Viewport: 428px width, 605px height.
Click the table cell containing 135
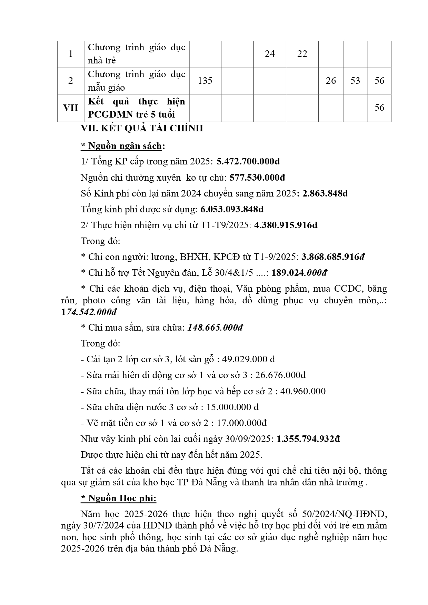coord(205,81)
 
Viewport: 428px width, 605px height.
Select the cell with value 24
coord(270,54)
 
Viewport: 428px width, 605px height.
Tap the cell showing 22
coord(302,54)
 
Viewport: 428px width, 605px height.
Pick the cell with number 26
coord(331,81)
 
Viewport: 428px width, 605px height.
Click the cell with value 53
coord(355,81)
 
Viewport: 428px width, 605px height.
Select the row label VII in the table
coord(71,108)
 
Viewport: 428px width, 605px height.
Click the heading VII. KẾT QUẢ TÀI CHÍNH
coord(142,129)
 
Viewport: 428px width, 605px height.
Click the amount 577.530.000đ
coord(257,178)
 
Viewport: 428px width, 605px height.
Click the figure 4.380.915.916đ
coord(286,225)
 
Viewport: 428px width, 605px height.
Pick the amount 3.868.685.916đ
coord(333,257)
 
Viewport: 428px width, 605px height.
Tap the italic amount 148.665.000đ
coord(215,327)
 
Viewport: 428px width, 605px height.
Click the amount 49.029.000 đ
coord(248,360)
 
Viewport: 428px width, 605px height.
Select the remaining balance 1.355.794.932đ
coord(308,439)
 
